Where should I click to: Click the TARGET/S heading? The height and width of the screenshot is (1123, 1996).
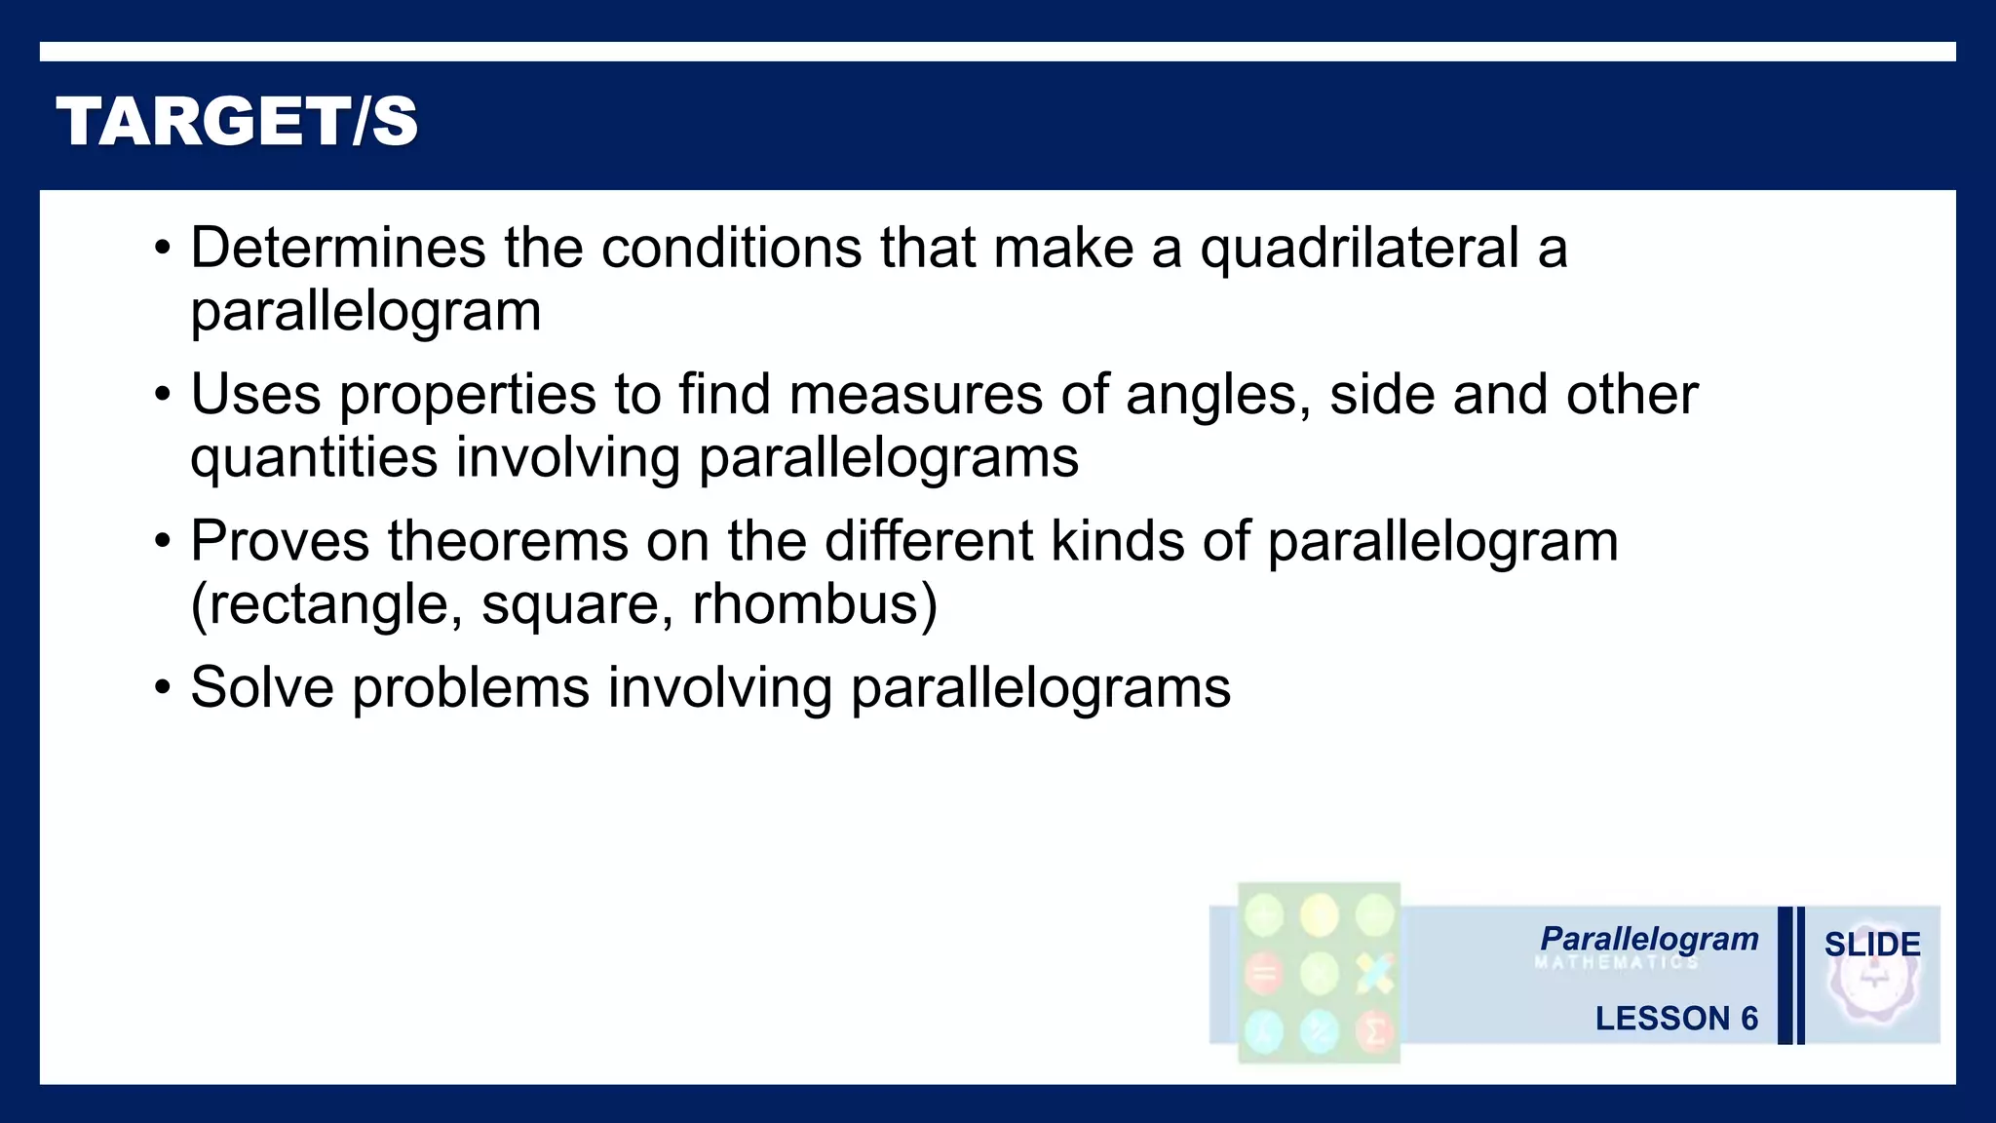[238, 122]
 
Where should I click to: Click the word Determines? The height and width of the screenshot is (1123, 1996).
[337, 248]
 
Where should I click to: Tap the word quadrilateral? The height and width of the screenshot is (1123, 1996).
[1360, 248]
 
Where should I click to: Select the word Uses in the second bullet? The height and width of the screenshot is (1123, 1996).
[255, 395]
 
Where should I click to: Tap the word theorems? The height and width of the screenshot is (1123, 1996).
[508, 541]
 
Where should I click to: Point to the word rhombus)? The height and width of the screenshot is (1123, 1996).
[815, 605]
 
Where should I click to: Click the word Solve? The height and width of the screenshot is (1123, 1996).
[262, 688]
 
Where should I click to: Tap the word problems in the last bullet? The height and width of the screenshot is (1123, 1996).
[471, 688]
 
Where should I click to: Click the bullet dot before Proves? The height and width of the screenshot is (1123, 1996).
[163, 542]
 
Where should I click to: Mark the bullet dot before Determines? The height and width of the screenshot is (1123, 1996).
[163, 249]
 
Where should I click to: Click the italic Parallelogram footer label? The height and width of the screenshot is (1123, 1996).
[1649, 939]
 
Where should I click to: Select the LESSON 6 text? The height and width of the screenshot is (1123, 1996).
[1676, 1019]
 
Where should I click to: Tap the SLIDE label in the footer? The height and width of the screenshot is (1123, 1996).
[1872, 945]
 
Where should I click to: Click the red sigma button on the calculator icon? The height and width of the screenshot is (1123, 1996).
[1374, 1030]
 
